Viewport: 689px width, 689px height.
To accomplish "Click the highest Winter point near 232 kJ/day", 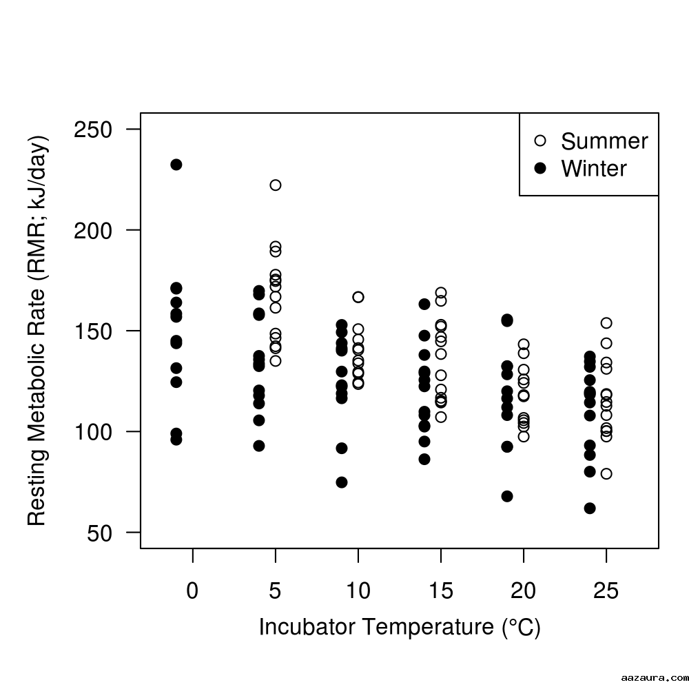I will tap(176, 165).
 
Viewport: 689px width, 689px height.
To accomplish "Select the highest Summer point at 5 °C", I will tap(276, 185).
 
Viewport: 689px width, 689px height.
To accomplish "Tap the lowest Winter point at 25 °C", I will tap(590, 508).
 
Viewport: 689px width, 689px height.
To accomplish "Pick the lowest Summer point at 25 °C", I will tap(606, 474).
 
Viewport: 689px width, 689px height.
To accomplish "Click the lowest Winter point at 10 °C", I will tap(342, 482).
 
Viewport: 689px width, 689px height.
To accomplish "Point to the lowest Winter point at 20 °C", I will tap(507, 496).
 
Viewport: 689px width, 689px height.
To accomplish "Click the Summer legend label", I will tap(604, 141).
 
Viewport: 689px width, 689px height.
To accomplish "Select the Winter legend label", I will tap(594, 169).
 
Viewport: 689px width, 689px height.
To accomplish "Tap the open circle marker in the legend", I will tap(540, 141).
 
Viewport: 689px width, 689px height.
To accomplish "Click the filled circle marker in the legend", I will tap(540, 168).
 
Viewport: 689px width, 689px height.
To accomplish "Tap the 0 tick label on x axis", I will tap(193, 591).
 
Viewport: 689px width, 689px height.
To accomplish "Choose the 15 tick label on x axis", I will tap(441, 591).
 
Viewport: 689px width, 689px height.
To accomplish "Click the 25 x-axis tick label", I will tap(606, 591).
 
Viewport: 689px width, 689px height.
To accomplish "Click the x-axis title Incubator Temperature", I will tap(400, 628).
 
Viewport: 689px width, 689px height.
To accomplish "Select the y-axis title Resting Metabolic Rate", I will tap(37, 331).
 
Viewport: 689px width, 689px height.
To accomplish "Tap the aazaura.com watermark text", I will tap(651, 677).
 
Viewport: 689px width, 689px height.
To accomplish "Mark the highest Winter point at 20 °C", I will tap(507, 320).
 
